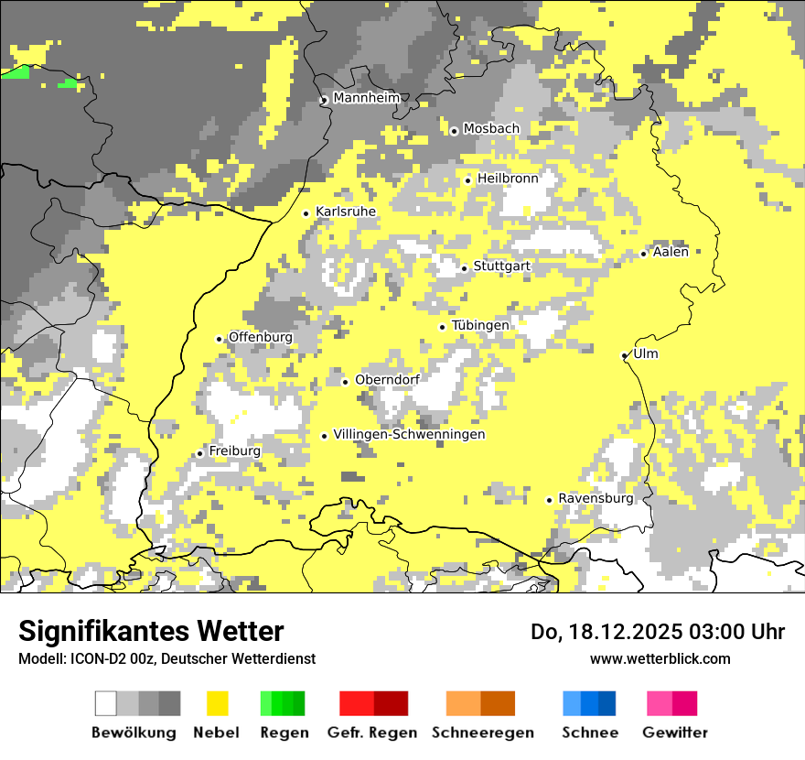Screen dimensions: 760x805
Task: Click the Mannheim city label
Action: (x=367, y=98)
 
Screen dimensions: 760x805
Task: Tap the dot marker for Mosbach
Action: (x=454, y=131)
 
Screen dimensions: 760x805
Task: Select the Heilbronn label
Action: (x=508, y=179)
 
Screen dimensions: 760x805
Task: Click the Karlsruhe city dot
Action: (x=306, y=213)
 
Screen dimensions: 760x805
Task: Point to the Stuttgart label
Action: (x=501, y=266)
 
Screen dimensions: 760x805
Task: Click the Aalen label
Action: (x=671, y=252)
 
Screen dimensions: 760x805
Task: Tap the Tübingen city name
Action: (x=480, y=325)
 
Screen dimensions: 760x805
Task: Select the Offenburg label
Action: (x=261, y=337)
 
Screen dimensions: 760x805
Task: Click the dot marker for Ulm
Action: (x=625, y=355)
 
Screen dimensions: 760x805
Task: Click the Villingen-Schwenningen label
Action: (x=409, y=434)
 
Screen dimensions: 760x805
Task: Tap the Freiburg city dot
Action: (x=199, y=453)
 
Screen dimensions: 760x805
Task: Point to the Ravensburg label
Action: (x=596, y=498)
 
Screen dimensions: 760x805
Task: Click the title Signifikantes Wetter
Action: (x=151, y=632)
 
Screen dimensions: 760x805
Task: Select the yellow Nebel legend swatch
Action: (x=218, y=703)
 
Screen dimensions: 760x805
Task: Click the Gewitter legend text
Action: (x=675, y=733)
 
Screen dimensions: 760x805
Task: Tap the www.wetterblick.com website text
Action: (x=660, y=658)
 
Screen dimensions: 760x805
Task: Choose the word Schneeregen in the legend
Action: (x=483, y=733)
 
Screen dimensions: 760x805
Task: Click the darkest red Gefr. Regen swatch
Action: (x=391, y=703)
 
